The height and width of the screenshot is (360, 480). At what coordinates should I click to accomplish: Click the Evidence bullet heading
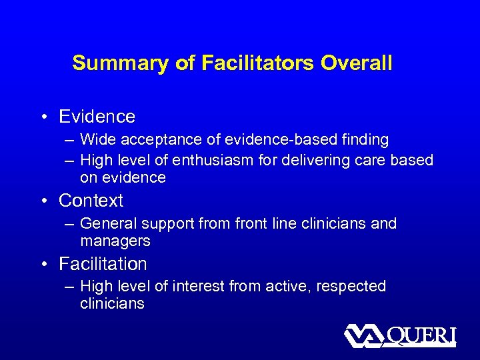97,117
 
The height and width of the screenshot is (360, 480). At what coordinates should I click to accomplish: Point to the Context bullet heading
91,200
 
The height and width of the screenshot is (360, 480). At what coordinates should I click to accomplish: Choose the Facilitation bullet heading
103,264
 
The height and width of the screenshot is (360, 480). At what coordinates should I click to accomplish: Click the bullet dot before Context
43,201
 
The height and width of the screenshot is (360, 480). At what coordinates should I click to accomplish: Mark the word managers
115,241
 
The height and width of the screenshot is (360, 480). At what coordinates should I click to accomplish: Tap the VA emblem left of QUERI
361,335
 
